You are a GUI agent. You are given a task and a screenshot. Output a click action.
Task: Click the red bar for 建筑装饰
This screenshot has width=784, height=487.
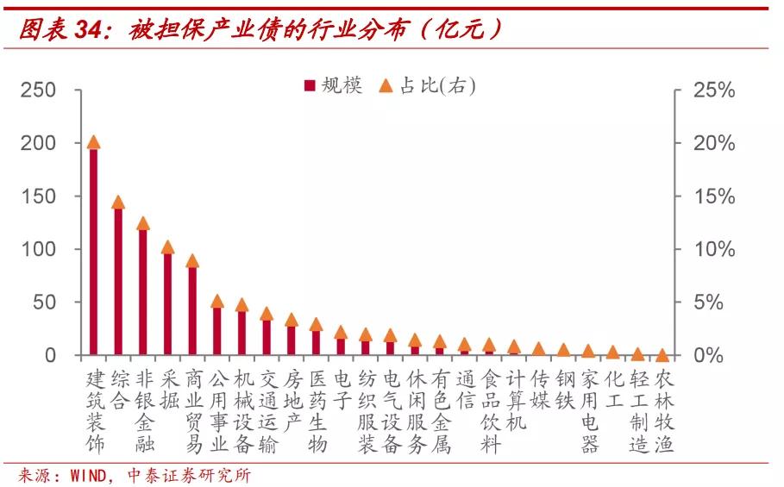click(x=94, y=250)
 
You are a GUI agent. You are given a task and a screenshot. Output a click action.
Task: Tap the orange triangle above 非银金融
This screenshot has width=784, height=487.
click(x=143, y=223)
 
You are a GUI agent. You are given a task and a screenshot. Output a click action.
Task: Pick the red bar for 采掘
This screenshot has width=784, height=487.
click(x=167, y=302)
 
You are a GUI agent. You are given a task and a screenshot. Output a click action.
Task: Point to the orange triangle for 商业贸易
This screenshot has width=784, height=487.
click(x=192, y=260)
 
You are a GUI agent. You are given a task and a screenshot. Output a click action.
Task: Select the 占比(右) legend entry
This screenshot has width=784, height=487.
click(x=428, y=85)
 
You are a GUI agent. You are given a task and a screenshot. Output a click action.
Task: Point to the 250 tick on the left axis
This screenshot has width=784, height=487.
click(x=39, y=91)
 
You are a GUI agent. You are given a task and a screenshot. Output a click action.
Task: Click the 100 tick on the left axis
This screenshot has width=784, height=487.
click(x=39, y=249)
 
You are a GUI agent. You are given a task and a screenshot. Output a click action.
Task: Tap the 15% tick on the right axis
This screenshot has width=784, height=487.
click(x=714, y=197)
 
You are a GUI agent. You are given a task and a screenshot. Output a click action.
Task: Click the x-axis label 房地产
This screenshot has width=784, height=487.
click(x=292, y=400)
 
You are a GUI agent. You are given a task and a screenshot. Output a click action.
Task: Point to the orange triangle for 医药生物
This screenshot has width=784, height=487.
click(x=316, y=325)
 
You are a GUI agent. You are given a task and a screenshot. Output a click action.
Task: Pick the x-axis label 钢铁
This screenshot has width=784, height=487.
click(x=565, y=389)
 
